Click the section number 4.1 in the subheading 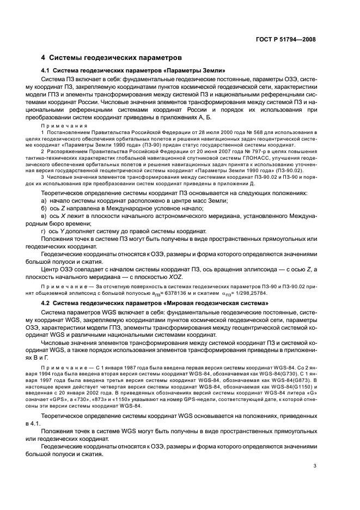coord(47,71)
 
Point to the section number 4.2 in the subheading coord(47,303)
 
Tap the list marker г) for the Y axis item coord(44,246)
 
